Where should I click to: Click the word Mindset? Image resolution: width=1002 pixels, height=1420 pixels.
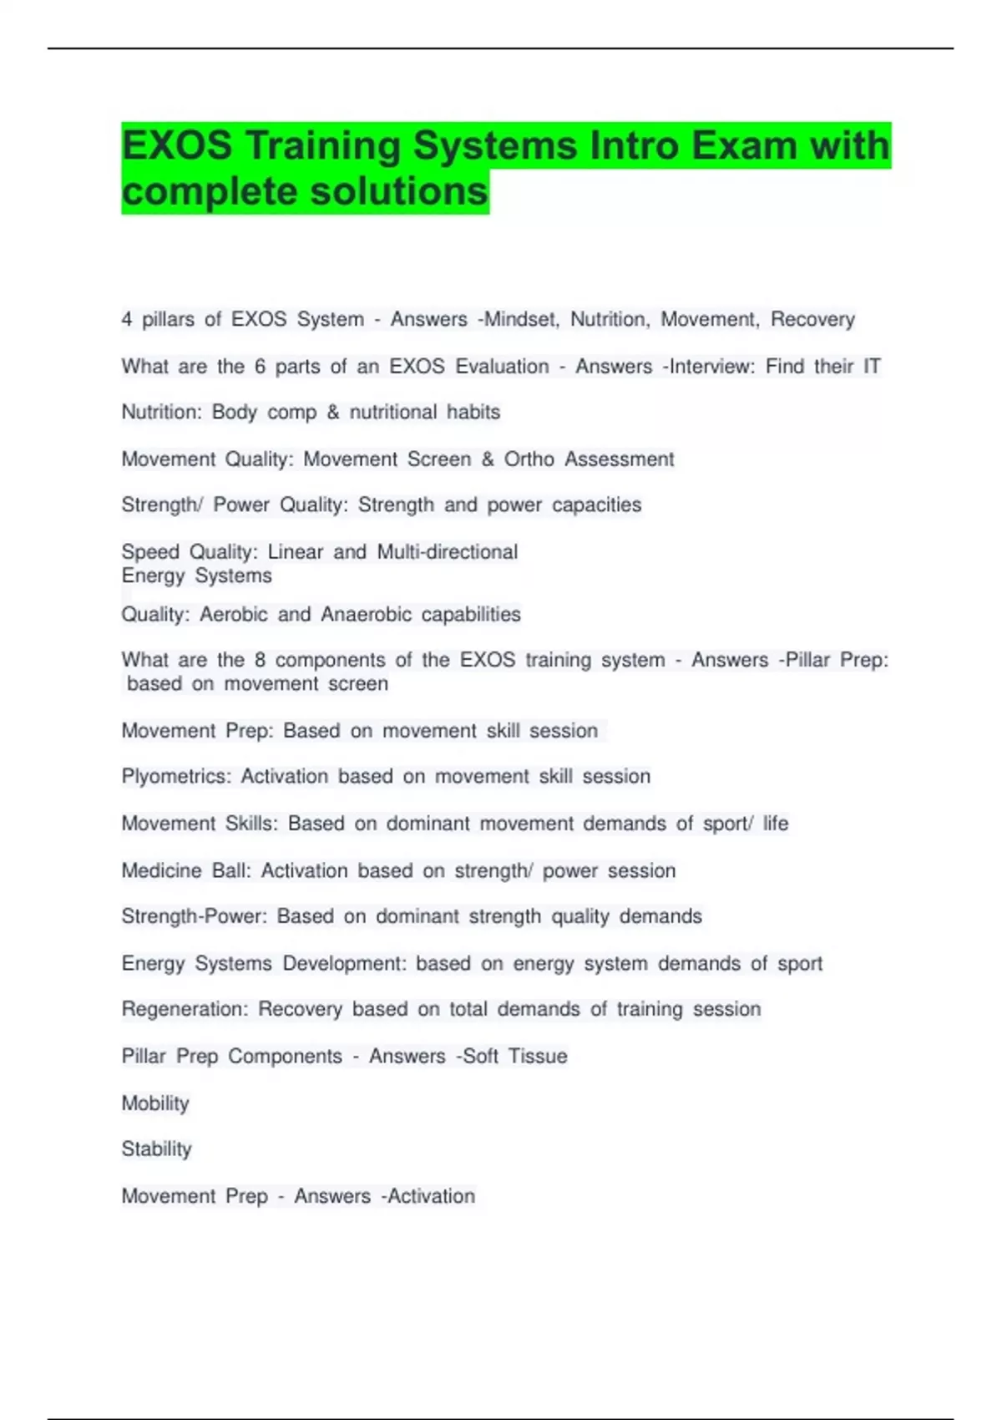523,319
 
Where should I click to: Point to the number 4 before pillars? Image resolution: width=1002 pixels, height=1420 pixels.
127,319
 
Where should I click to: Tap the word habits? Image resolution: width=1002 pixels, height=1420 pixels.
473,412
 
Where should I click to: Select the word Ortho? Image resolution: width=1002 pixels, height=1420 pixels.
529,459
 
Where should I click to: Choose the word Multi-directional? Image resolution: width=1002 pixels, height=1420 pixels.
448,551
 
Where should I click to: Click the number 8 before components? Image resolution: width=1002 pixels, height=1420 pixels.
260,660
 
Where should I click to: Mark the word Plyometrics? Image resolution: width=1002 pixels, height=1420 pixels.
175,776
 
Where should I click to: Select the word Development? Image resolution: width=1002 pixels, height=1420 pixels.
344,963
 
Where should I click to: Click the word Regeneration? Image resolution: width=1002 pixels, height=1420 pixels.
184,1009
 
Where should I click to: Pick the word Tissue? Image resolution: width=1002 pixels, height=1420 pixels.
538,1056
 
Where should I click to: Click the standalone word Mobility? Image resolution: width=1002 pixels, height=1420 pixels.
155,1103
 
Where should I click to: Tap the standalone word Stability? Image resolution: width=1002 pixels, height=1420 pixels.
157,1149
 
